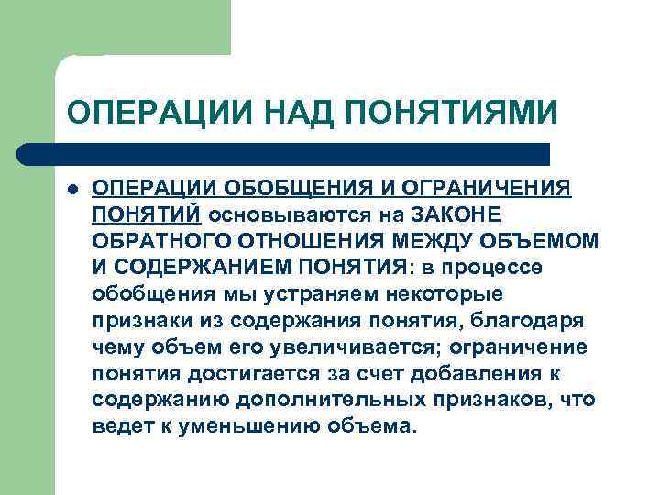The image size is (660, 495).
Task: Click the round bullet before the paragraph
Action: click(x=72, y=189)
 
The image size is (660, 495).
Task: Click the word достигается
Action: click(x=245, y=373)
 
